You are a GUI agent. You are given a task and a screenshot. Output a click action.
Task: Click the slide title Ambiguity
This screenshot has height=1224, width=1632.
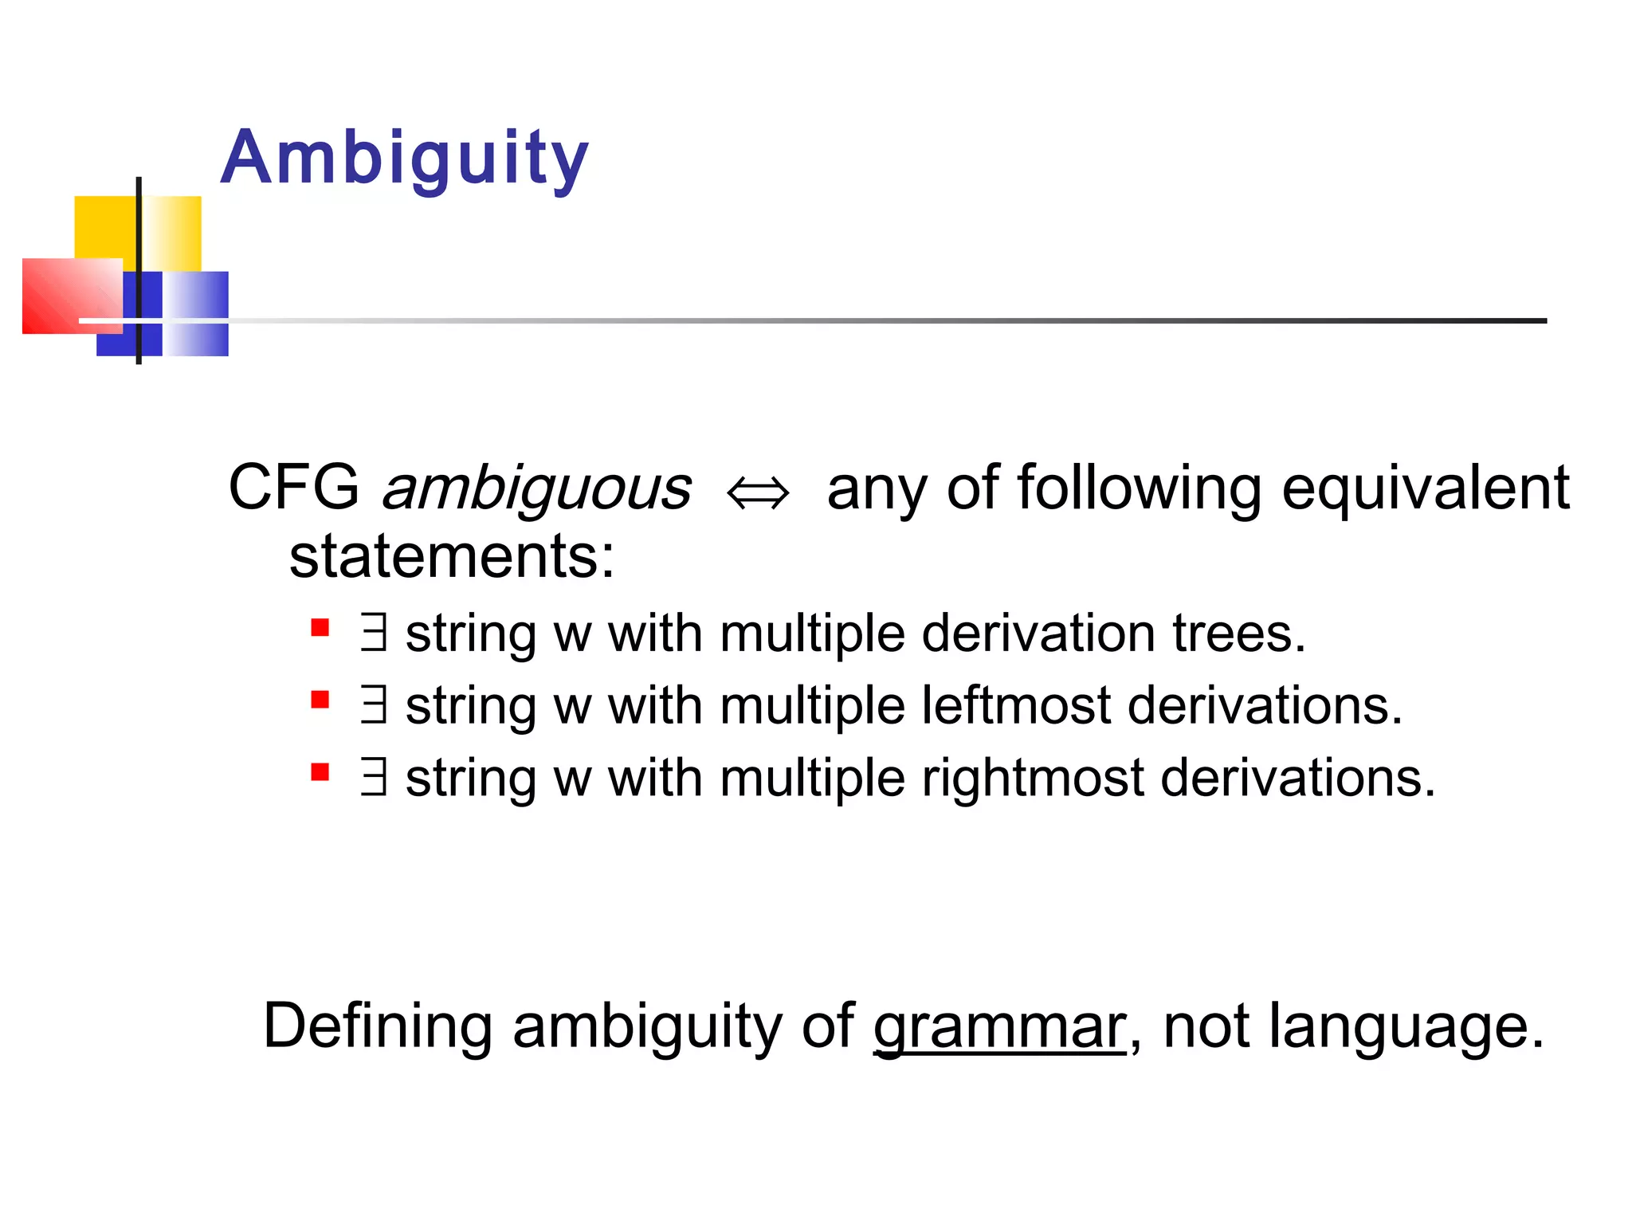click(404, 158)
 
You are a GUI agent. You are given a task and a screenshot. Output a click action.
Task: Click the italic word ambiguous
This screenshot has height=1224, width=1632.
click(536, 488)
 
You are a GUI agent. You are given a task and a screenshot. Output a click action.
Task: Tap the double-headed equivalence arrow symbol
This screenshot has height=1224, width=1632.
click(758, 493)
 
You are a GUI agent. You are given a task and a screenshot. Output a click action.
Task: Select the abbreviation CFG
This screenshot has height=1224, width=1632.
click(293, 488)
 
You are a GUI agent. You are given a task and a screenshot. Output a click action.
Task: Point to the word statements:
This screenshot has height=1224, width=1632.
click(452, 556)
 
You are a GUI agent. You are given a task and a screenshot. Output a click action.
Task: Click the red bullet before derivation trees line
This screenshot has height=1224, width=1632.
click(320, 628)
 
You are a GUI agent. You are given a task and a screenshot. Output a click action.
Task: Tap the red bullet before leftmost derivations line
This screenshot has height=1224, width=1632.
click(320, 700)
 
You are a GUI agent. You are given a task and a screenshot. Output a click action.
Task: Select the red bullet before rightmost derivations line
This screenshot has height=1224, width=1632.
click(320, 772)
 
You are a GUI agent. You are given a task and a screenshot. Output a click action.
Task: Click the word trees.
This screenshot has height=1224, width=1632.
click(1238, 634)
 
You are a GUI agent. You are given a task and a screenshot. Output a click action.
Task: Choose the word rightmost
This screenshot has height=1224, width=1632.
click(1033, 779)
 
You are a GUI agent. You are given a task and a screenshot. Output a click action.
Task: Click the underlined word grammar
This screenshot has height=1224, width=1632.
click(999, 1027)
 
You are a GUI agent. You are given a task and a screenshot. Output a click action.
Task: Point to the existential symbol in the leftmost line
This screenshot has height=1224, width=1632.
click(374, 704)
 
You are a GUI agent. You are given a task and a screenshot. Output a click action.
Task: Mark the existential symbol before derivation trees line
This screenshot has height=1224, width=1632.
click(374, 632)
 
